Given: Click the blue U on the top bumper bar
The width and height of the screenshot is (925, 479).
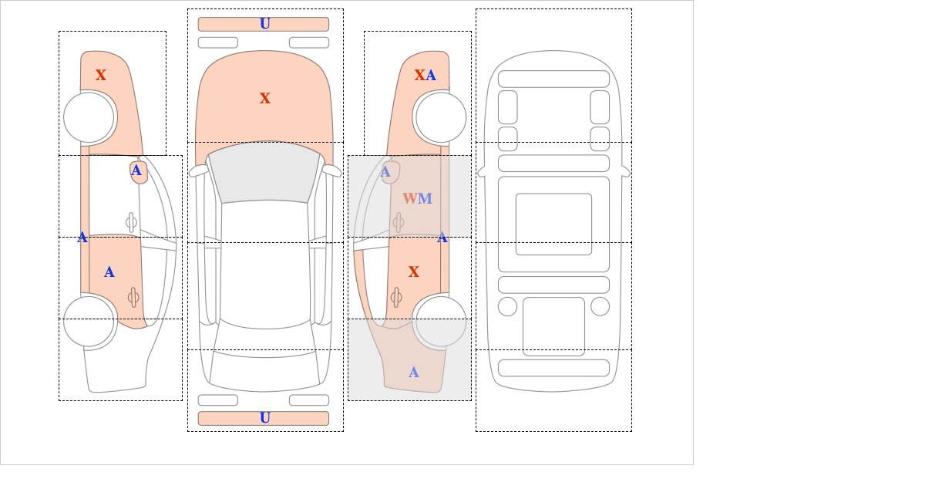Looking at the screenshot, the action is click(265, 24).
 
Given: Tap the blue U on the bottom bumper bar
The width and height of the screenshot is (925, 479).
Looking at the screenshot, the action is click(265, 418).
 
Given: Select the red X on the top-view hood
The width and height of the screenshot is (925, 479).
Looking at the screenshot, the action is click(265, 99).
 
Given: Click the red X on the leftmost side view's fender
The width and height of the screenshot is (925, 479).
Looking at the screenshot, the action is click(101, 76).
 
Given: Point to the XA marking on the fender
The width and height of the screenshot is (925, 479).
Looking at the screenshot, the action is click(425, 76).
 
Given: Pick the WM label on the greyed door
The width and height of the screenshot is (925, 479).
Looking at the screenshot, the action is click(418, 198).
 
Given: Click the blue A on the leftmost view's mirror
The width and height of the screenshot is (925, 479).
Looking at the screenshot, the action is click(136, 170).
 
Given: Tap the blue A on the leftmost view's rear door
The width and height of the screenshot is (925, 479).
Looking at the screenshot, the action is click(109, 272).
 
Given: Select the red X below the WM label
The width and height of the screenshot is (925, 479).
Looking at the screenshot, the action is click(414, 272).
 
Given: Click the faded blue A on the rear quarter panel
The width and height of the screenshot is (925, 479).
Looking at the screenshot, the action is click(414, 373).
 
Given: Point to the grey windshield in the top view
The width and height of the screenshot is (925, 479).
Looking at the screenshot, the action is click(264, 172).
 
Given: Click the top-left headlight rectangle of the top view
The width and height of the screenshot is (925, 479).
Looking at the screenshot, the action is click(218, 42).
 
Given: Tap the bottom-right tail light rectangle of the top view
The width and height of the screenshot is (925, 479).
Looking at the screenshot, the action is click(309, 400).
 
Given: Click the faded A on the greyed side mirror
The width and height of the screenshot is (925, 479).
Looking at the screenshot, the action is click(385, 171).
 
